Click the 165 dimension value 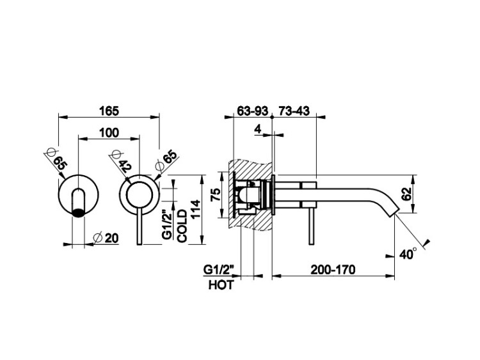tap(109, 111)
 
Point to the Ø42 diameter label tap(120, 160)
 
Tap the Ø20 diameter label tap(106, 238)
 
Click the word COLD tap(182, 225)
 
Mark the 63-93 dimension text tap(252, 111)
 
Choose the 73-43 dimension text tap(294, 111)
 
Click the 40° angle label tap(406, 253)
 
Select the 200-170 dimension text tap(332, 269)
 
